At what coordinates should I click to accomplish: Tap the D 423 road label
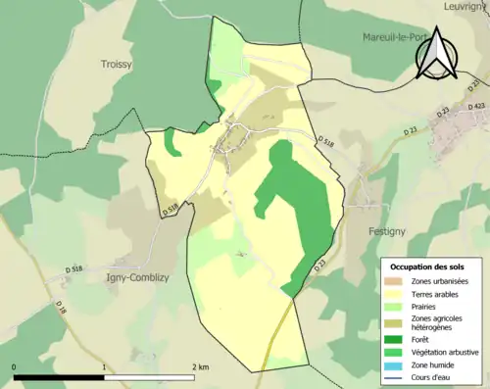476,106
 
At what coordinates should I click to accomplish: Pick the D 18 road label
62,310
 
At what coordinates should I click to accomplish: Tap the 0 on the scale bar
15,367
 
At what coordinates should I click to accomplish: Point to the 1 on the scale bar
104,367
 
